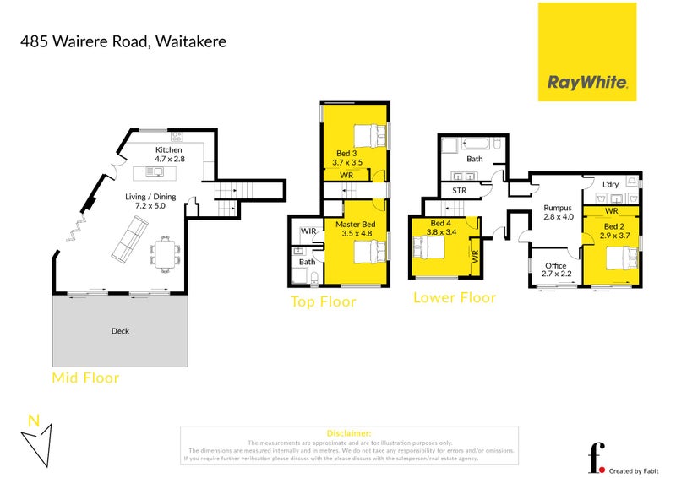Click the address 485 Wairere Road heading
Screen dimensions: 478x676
tap(124, 40)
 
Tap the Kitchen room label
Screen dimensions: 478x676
tap(169, 150)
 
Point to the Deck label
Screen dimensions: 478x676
tap(120, 331)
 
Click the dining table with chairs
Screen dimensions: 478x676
tap(165, 252)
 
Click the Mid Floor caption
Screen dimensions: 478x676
tap(85, 378)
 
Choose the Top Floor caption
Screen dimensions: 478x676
tap(323, 301)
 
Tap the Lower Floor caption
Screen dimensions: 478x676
tap(454, 297)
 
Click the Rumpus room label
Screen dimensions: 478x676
tap(559, 208)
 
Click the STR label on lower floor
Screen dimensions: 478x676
tap(459, 191)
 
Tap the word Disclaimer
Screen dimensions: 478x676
tap(348, 433)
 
